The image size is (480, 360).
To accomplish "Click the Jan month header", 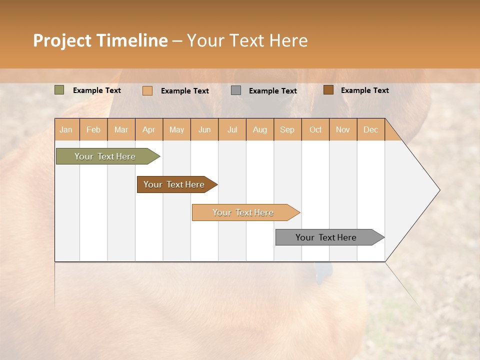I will pyautogui.click(x=66, y=129).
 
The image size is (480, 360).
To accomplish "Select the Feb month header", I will pyautogui.click(x=93, y=129).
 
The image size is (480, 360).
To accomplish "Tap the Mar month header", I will pyautogui.click(x=121, y=129).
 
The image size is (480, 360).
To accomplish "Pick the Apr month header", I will pyautogui.click(x=149, y=129).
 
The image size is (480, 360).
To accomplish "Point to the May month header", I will pyautogui.click(x=176, y=129).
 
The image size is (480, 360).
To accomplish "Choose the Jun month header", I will pyautogui.click(x=204, y=129).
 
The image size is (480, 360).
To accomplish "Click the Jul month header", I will pyautogui.click(x=232, y=129).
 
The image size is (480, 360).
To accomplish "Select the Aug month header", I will pyautogui.click(x=260, y=129).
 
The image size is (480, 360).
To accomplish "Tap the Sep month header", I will pyautogui.click(x=287, y=129).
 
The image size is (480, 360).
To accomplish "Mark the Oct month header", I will pyautogui.click(x=315, y=129).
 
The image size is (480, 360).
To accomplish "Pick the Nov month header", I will pyautogui.click(x=343, y=129).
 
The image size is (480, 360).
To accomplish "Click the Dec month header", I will pyautogui.click(x=371, y=129).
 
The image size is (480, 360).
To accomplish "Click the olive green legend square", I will pyautogui.click(x=59, y=90).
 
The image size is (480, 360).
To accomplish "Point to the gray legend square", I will pyautogui.click(x=236, y=90).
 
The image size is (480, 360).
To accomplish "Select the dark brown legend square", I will pyautogui.click(x=328, y=90).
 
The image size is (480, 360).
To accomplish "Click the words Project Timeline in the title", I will pyautogui.click(x=100, y=40).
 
